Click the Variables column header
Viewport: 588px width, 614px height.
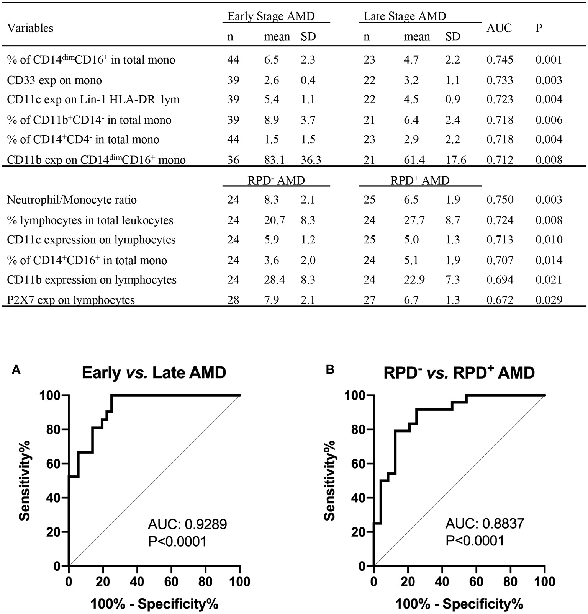click(x=30, y=28)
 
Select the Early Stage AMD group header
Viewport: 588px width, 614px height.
click(x=271, y=16)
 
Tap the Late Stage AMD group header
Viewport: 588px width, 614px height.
click(x=405, y=16)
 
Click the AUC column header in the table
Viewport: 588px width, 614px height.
click(x=499, y=28)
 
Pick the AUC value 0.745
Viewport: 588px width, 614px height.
click(x=500, y=60)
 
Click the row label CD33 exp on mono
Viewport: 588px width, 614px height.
click(x=54, y=80)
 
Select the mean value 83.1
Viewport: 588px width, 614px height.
click(x=274, y=160)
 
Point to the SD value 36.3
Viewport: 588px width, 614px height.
click(x=311, y=160)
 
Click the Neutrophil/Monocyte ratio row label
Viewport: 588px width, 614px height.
click(x=72, y=200)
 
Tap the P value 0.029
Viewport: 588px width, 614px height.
click(x=549, y=299)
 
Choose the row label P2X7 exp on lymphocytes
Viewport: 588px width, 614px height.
click(x=71, y=299)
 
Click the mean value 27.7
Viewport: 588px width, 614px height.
click(x=414, y=220)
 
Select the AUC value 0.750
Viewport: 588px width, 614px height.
click(x=500, y=200)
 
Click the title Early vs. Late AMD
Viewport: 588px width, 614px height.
click(x=154, y=372)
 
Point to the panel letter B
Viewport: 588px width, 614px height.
click(x=330, y=369)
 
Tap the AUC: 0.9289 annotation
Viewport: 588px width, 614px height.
click(x=187, y=524)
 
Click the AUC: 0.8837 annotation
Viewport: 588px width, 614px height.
click(x=485, y=524)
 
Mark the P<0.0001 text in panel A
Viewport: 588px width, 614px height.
click(x=177, y=541)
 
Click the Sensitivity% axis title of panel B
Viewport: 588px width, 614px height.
click(x=329, y=480)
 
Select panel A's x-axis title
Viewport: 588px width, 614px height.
click(x=154, y=604)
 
